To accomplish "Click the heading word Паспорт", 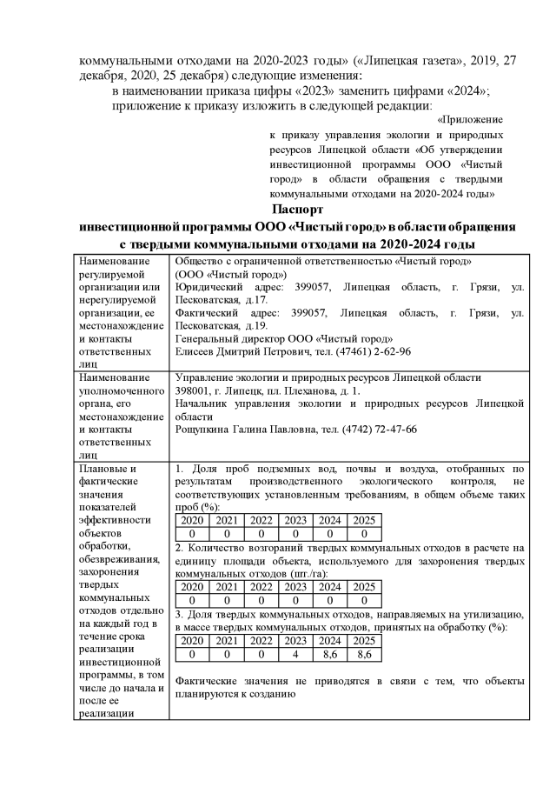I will (297, 210).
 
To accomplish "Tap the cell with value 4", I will (295, 653).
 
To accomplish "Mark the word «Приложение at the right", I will (470, 119).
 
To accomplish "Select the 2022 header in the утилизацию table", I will (261, 640).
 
